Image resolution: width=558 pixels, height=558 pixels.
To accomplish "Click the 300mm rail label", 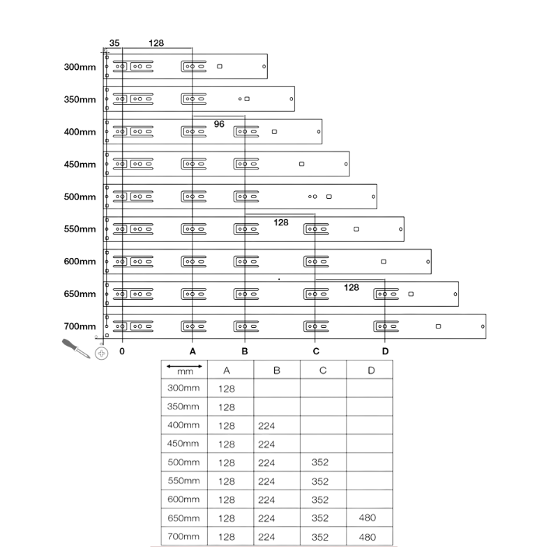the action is coord(80,67).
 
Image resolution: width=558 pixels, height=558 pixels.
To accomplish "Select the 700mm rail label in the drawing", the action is coord(80,326).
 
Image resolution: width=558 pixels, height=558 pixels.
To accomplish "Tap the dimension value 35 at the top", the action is coord(114,43).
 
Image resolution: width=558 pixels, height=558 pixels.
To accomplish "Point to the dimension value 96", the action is coord(219,124).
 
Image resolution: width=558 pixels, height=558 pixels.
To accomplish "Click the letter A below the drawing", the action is coord(193,352).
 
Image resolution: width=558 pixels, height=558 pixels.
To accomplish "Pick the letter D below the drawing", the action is coord(385,352).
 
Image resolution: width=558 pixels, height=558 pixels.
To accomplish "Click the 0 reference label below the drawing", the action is coord(122,352).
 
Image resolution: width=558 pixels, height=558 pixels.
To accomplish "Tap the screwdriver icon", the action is coord(76,348).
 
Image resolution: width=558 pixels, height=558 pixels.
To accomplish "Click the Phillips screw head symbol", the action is coord(101,354).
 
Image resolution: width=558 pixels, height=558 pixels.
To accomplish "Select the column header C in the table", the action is coord(323,370).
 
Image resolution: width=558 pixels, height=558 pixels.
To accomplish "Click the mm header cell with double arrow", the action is coord(184,370).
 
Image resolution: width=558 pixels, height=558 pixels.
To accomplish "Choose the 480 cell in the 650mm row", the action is coord(368,518).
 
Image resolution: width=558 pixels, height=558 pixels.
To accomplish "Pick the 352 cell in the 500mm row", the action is coord(320,462).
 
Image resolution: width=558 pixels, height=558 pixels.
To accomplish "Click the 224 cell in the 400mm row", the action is coord(266,426).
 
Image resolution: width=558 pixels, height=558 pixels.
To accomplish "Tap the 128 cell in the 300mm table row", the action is coord(227,389).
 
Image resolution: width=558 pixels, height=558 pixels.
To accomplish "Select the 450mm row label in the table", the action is coord(183,444).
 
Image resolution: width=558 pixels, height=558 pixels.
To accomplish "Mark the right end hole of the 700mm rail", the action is coord(483,326).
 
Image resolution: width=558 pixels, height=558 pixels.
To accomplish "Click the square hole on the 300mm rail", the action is coord(220,66).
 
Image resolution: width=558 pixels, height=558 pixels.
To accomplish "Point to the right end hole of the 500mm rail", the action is coord(373,197).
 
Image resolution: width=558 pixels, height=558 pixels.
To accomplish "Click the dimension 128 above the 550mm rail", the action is coord(281,223).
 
